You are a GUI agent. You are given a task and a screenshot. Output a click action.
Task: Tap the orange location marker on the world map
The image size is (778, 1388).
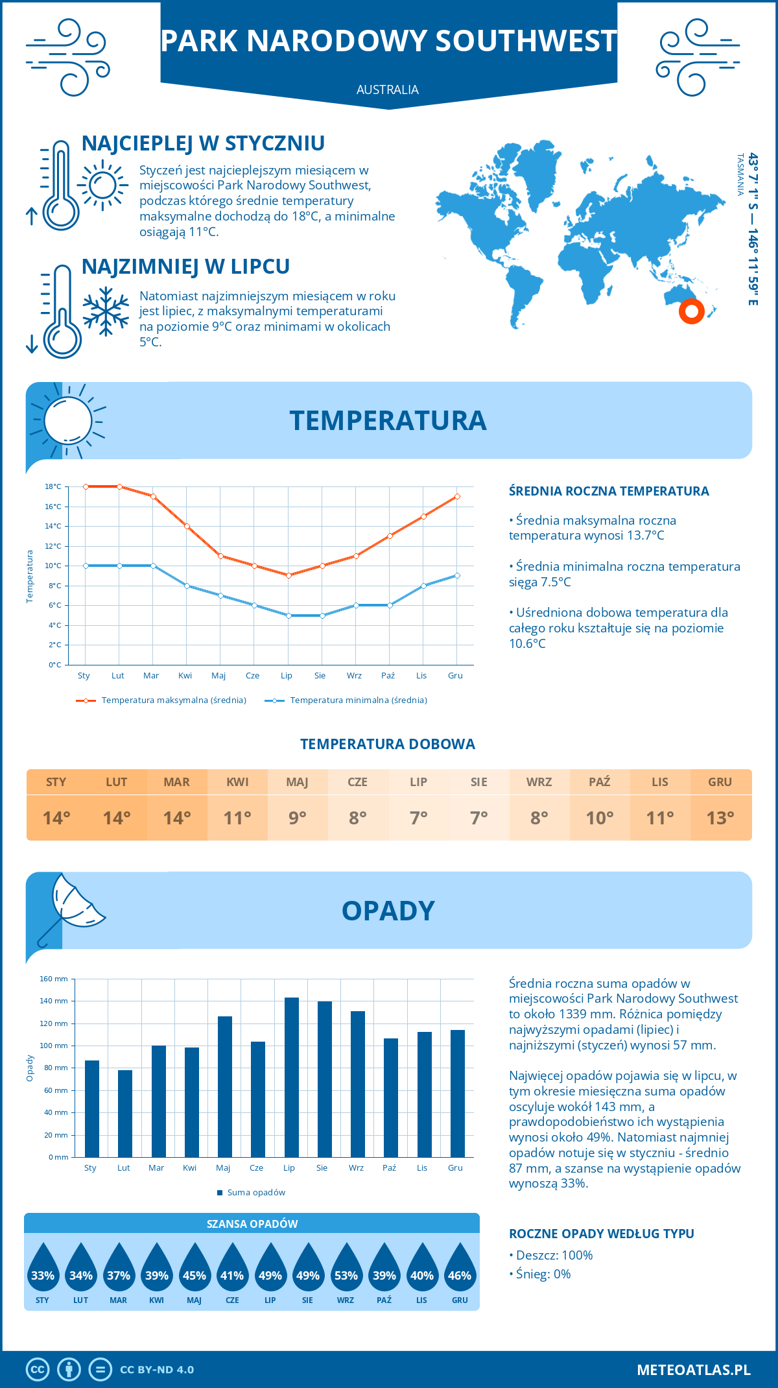coord(692,311)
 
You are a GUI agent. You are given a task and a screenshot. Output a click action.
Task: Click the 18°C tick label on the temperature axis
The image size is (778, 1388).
coord(53,486)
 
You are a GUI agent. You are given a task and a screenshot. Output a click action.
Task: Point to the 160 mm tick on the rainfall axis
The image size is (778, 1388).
coord(54,979)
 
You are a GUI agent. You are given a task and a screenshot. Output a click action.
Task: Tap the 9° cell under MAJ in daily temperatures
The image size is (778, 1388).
coord(298,818)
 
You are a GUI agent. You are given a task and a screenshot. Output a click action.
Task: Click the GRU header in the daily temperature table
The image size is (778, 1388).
coord(720,782)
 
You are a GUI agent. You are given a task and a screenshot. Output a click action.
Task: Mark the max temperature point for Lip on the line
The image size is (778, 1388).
coord(289,575)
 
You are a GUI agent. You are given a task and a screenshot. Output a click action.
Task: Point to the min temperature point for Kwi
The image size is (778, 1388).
coord(187,586)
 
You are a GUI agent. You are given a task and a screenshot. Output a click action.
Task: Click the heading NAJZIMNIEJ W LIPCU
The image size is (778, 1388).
coord(185,267)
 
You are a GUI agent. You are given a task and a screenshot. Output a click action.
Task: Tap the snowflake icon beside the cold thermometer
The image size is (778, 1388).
coord(106,311)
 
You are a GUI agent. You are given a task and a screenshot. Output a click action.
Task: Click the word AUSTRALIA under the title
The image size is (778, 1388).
coord(388,90)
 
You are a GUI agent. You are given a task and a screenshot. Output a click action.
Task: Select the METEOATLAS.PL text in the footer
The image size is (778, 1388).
coord(694,1370)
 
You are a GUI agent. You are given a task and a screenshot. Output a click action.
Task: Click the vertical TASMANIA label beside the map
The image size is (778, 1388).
coord(740,174)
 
